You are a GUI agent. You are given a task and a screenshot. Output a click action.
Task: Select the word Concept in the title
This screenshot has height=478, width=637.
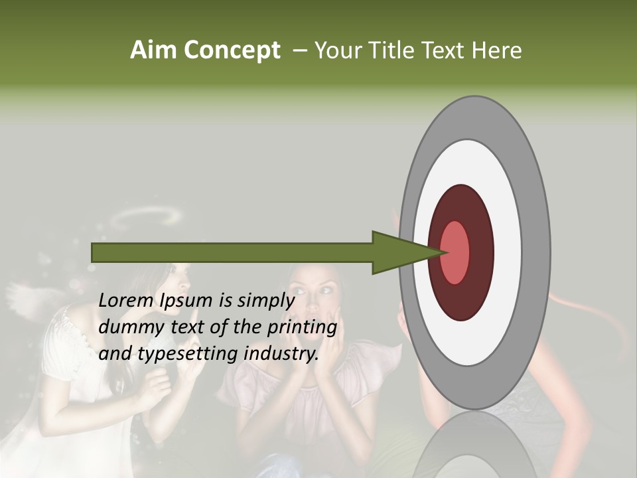click(232, 50)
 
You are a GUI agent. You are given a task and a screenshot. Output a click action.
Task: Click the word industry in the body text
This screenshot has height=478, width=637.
click(278, 353)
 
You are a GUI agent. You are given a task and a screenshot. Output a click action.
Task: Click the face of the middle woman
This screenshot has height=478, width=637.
click(318, 292)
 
